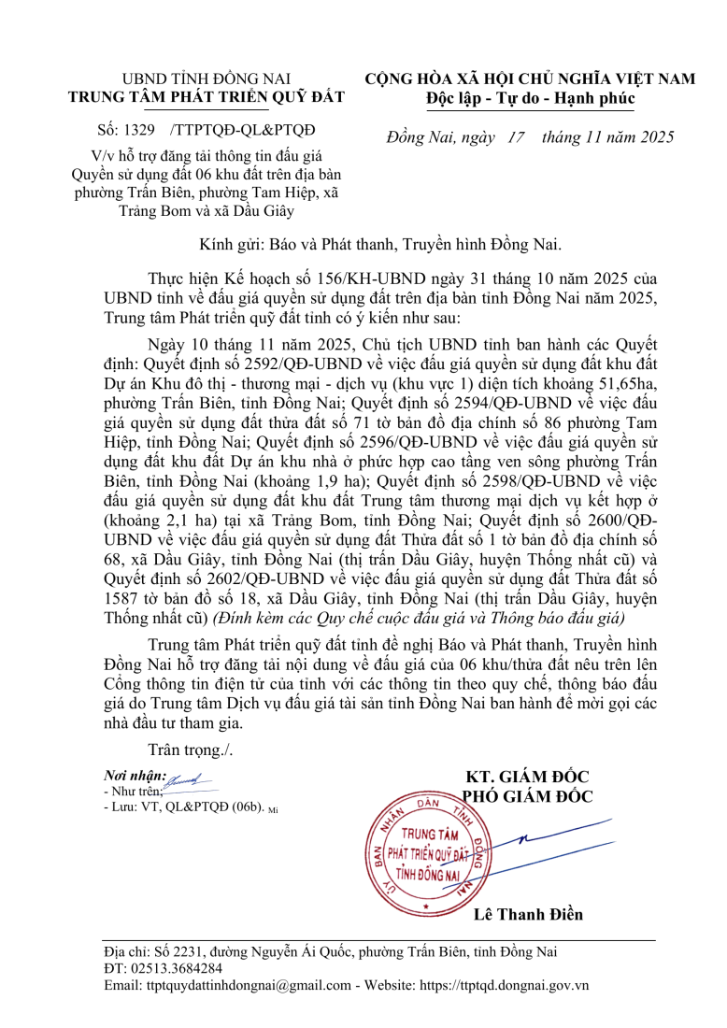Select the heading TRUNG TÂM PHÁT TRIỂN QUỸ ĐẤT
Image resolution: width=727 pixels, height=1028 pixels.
coord(207,97)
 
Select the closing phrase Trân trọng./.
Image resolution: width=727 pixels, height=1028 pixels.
coord(191,750)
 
